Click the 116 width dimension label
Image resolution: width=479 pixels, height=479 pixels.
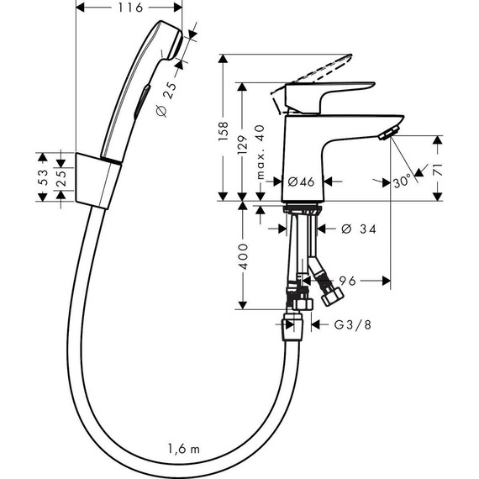(x=129, y=8)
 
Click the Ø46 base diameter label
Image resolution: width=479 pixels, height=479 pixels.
(x=300, y=181)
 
